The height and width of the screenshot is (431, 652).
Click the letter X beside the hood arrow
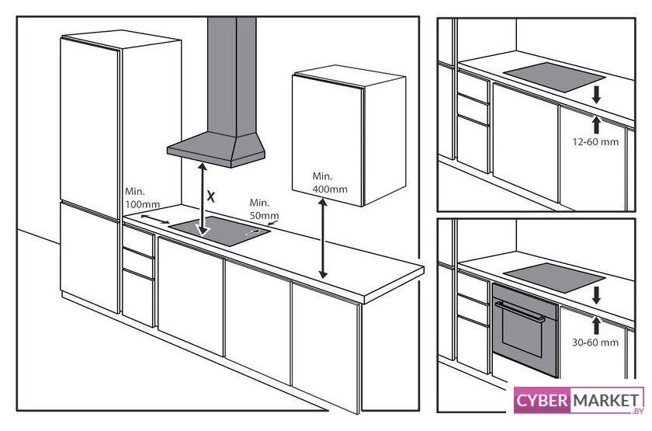coord(211,196)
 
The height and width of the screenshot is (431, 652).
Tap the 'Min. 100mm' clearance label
coord(142,198)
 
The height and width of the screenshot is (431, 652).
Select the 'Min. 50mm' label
coord(264,209)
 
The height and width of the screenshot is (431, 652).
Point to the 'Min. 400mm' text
coord(330,182)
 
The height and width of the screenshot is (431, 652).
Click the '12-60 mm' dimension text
coord(595,142)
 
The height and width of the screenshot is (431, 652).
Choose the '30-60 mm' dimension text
coord(595,342)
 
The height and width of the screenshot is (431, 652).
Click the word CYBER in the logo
coord(542,401)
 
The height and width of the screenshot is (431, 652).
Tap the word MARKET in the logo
coord(605,401)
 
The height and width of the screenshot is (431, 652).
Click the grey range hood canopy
coord(216,150)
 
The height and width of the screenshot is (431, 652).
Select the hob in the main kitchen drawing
coord(220,231)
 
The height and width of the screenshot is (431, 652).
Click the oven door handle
coord(520,311)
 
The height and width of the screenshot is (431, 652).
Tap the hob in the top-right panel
coord(554,77)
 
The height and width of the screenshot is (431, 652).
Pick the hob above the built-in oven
coord(554,277)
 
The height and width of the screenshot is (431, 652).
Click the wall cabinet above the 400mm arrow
coord(349,135)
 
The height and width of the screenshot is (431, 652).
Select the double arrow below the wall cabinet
coord(323,238)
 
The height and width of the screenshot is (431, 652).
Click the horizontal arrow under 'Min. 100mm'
coord(155,219)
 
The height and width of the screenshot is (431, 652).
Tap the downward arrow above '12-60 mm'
coord(597,95)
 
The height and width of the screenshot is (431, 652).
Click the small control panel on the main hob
coord(253,231)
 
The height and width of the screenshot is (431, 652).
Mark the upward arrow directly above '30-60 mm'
coord(597,325)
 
